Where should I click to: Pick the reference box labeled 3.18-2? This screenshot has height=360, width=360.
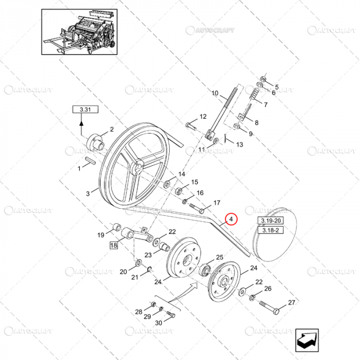[268, 230]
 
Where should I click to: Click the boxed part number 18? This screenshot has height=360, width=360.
[113, 246]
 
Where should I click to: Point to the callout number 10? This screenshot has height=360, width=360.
[215, 93]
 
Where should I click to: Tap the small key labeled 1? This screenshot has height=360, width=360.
[91, 160]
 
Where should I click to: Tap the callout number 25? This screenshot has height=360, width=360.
[220, 257]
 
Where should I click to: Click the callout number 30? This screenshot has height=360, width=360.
[158, 322]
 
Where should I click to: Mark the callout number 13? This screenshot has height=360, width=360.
[239, 145]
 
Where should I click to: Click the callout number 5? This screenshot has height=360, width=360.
[277, 86]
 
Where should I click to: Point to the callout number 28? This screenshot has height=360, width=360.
[138, 312]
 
